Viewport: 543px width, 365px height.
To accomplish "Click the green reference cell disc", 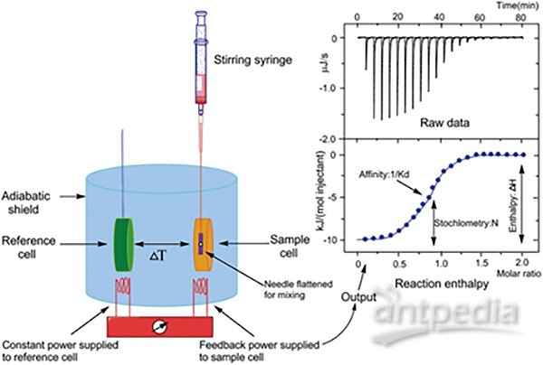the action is click(x=124, y=244).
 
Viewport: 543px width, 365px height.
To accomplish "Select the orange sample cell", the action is click(x=203, y=244).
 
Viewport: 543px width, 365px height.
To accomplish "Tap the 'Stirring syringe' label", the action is click(x=252, y=60).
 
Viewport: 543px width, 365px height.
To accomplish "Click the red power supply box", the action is click(x=160, y=327).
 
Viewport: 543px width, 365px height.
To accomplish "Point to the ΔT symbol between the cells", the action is click(x=157, y=256).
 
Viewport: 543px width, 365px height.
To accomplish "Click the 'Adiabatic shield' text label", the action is click(x=25, y=202).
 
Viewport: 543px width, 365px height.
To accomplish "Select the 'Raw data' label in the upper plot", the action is click(x=445, y=123).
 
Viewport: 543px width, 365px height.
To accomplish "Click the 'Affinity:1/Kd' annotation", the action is click(x=384, y=174).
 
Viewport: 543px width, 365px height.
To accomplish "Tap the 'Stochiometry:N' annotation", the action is click(x=466, y=223).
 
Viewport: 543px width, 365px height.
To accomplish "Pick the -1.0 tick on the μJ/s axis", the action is click(x=328, y=89).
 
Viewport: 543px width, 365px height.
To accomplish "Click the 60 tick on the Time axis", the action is click(x=480, y=17).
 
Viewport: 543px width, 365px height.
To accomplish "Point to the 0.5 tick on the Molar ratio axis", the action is click(x=399, y=264).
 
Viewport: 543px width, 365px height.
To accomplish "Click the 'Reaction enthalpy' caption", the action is click(x=442, y=284).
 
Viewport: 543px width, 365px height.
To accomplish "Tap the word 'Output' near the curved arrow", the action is click(x=358, y=297).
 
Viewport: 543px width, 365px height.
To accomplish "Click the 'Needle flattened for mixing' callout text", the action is click(x=298, y=290).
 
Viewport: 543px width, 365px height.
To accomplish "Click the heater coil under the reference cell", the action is click(x=123, y=285).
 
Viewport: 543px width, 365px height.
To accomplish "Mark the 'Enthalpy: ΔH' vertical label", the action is click(x=514, y=204).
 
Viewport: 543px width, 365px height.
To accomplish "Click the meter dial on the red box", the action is click(x=160, y=327).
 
